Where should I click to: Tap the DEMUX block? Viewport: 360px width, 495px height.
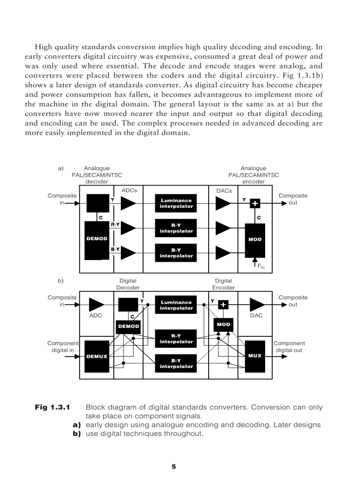coord(97,356)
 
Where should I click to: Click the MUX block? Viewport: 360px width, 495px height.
coord(255,356)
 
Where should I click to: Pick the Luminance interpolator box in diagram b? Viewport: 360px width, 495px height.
coord(176,305)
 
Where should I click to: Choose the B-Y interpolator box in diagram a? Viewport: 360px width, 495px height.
coord(176,253)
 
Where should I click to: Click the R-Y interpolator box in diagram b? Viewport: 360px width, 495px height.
coord(176,339)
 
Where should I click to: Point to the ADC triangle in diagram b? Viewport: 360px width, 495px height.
coord(97,305)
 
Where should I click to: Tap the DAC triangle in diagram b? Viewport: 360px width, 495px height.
coord(257,305)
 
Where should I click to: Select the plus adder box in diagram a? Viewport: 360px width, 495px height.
coord(255,203)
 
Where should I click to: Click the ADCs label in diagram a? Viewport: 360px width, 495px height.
coord(129,190)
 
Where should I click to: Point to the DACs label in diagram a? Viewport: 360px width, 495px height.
coord(224,190)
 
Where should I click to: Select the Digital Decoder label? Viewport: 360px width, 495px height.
coord(128,284)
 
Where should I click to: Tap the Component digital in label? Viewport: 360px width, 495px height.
coord(63,347)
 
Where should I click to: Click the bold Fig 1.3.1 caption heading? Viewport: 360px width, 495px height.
coord(52,407)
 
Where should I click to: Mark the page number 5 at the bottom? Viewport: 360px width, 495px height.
coord(174,466)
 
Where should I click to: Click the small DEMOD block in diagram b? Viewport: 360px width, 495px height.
coord(128,326)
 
